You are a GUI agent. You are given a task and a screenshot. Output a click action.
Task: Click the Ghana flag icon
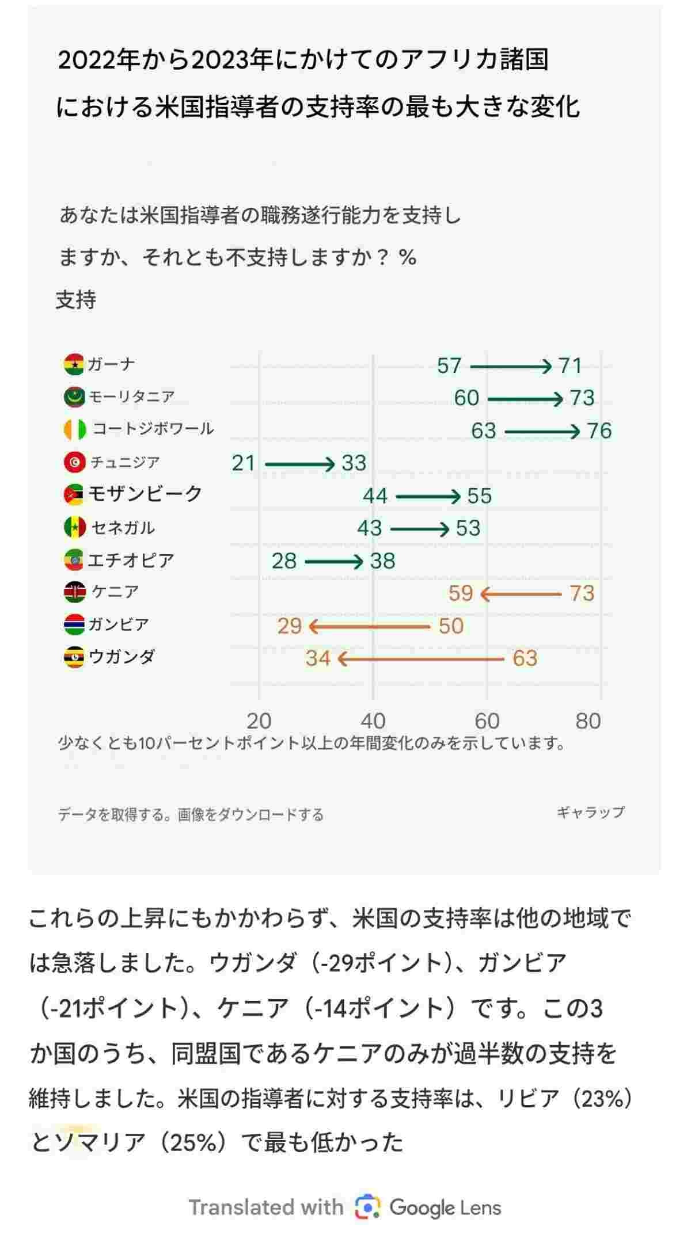pyautogui.click(x=74, y=364)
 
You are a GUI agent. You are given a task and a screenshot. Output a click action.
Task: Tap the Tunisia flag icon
pyautogui.click(x=74, y=462)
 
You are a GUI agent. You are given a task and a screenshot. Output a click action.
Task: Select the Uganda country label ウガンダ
pyautogui.click(x=122, y=657)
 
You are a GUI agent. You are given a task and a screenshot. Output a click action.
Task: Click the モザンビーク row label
pyautogui.click(x=145, y=494)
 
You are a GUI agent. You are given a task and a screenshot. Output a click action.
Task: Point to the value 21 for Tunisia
pyautogui.click(x=243, y=463)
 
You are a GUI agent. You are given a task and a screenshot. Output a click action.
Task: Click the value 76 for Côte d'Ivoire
pyautogui.click(x=599, y=430)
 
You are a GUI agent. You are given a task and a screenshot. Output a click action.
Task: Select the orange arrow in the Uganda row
pyautogui.click(x=420, y=658)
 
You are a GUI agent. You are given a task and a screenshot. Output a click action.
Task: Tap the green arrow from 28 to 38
pyautogui.click(x=333, y=561)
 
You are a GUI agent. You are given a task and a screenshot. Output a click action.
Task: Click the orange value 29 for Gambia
pyautogui.click(x=289, y=626)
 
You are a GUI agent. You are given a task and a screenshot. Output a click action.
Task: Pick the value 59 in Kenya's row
pyautogui.click(x=461, y=593)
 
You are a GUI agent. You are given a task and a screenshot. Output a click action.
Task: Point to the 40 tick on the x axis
pyautogui.click(x=373, y=721)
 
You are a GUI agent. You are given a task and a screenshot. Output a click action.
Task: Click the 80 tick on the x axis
pyautogui.click(x=588, y=721)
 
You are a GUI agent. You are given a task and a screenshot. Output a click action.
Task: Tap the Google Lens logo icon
pyautogui.click(x=367, y=1207)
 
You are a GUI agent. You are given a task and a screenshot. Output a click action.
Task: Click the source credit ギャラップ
pyautogui.click(x=590, y=812)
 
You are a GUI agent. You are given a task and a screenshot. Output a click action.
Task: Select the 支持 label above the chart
pyautogui.click(x=76, y=300)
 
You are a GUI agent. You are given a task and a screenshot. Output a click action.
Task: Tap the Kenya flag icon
pyautogui.click(x=74, y=592)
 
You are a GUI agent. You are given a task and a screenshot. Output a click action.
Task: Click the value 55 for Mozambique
pyautogui.click(x=479, y=496)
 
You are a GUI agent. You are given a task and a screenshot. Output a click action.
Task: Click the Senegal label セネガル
pyautogui.click(x=123, y=527)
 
